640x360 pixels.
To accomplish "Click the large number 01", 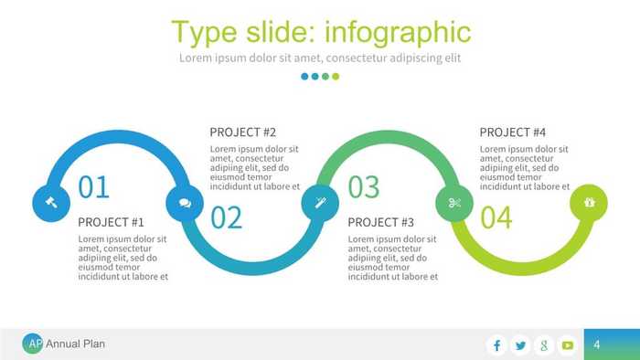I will [x=94, y=186].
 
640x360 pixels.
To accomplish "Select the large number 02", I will [x=227, y=218].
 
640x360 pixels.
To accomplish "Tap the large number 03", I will [x=363, y=186].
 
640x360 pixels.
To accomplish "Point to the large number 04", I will [x=496, y=218].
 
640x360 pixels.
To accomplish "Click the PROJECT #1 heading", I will [x=112, y=222].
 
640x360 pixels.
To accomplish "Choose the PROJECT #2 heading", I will [x=243, y=132].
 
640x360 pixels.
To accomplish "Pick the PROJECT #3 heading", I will [x=381, y=222].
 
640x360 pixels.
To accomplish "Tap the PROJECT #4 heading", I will [x=513, y=132].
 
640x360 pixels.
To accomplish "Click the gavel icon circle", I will [x=51, y=203].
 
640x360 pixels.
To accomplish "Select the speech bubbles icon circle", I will [x=185, y=203].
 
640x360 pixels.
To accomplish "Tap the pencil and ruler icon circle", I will [x=320, y=203].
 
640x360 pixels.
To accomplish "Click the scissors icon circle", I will [x=453, y=203].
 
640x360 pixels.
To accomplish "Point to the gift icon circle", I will [x=588, y=203].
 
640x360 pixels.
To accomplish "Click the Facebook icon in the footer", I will [x=497, y=344].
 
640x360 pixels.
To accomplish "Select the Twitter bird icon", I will [x=521, y=344].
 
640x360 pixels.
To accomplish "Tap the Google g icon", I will [x=544, y=344].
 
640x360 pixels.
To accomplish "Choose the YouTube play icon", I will [x=568, y=344].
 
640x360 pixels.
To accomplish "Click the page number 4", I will [x=596, y=344].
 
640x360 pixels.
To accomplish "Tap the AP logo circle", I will [x=33, y=344].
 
